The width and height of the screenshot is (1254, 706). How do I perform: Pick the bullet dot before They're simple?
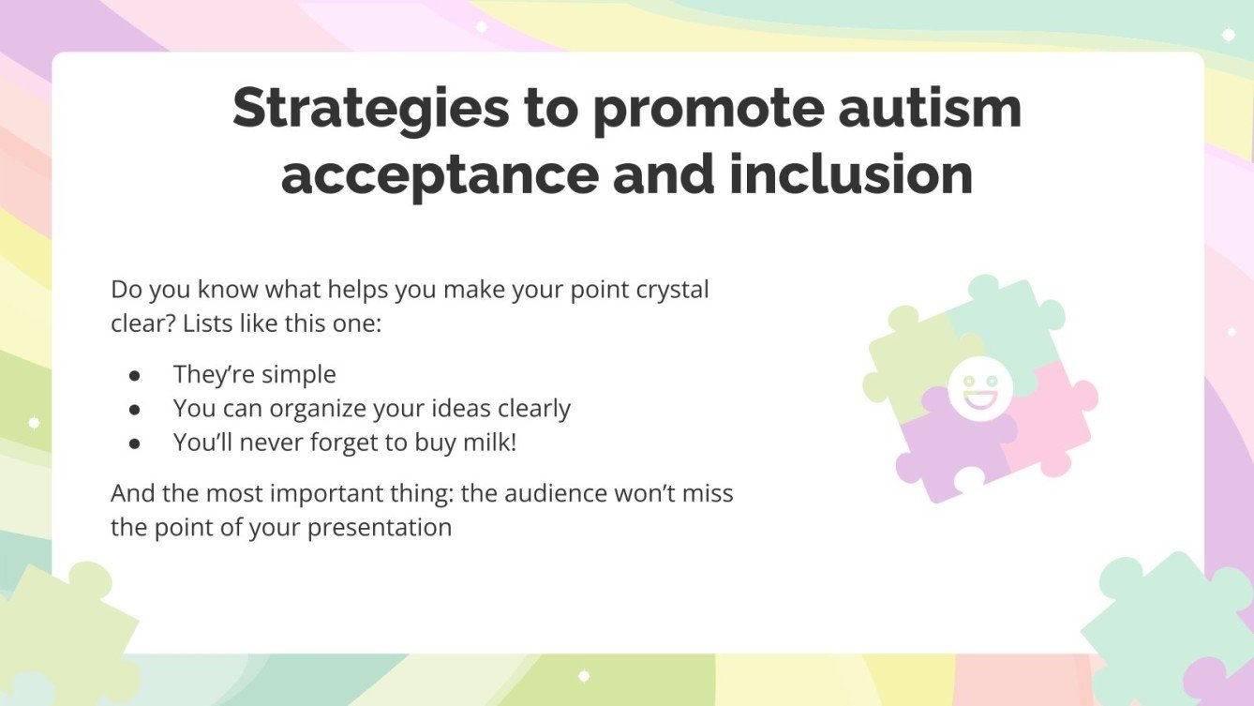pos(135,375)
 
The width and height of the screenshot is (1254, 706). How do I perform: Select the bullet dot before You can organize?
pos(135,410)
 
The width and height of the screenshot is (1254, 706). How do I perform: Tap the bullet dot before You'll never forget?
pos(135,443)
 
